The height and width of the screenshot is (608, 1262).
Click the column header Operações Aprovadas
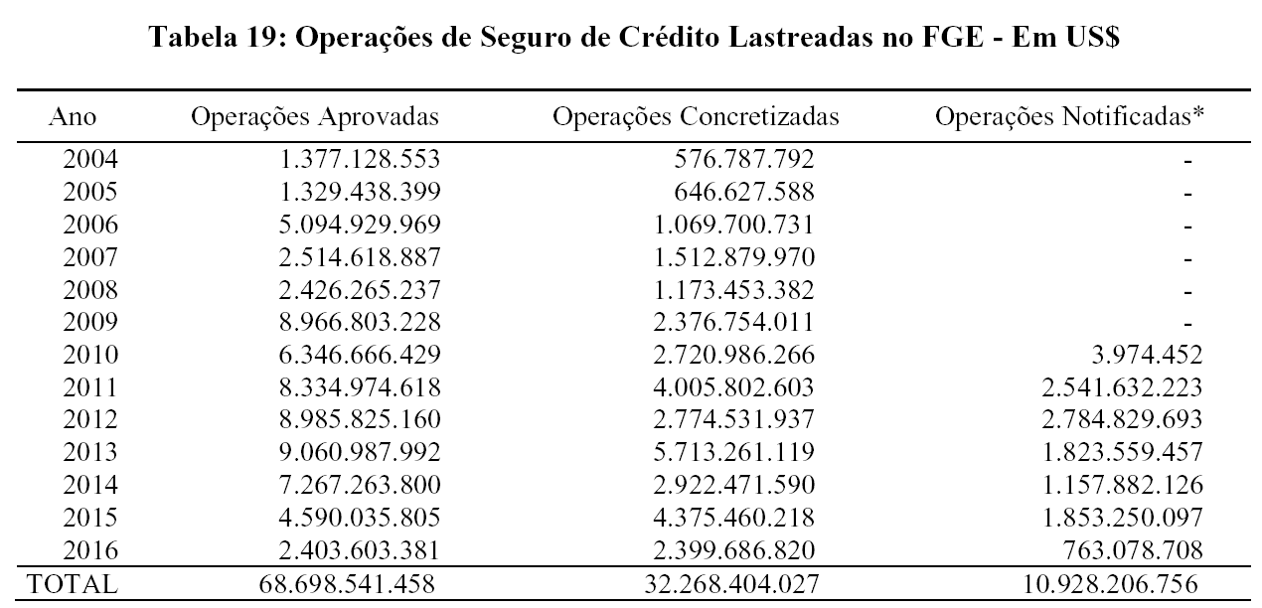pos(315,117)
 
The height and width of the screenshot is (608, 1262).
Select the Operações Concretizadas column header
pos(696,117)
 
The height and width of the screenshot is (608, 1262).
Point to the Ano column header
pos(73,117)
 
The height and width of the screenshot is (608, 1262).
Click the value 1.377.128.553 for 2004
pos(359,159)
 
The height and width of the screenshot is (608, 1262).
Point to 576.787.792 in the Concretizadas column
pos(744,159)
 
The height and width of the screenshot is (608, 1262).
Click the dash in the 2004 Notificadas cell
pos(1187,160)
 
